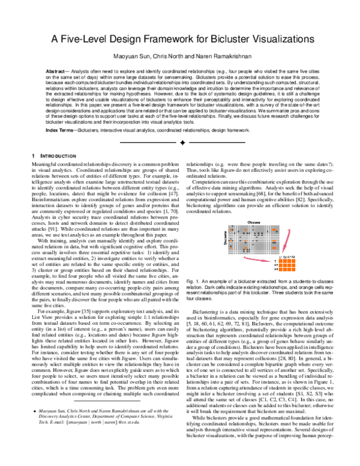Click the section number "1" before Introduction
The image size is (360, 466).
coord(32,156)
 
